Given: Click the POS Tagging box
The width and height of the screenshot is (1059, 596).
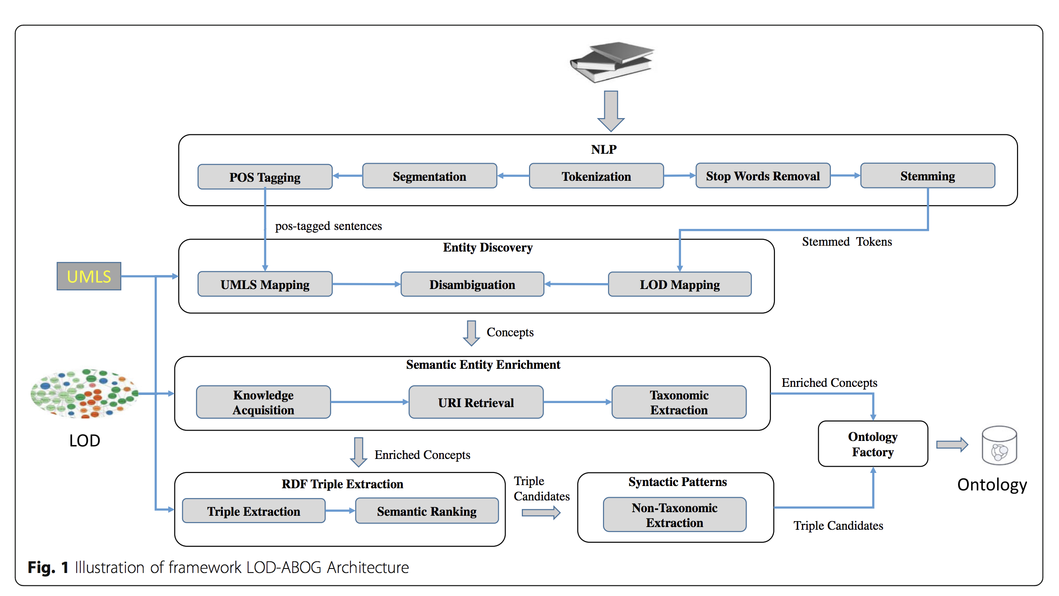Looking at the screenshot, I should click(x=265, y=177).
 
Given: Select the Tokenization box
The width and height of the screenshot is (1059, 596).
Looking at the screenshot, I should click(x=596, y=176).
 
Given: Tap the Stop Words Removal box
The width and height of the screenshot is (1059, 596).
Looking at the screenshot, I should click(x=762, y=175).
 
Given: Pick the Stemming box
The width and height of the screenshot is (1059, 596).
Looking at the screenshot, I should click(x=927, y=175).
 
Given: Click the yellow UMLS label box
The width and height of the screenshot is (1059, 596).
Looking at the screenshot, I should click(x=89, y=276).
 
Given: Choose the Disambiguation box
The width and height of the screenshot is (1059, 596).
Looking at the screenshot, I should click(x=472, y=284).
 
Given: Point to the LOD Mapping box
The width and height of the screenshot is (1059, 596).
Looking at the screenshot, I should click(x=679, y=284).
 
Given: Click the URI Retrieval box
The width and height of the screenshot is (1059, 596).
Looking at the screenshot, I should click(x=475, y=402).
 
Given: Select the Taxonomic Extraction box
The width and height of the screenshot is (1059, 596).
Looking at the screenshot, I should click(x=678, y=402).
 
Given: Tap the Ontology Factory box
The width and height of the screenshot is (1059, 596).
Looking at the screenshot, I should click(x=872, y=444).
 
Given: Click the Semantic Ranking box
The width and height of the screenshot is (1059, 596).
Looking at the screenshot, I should click(x=426, y=511).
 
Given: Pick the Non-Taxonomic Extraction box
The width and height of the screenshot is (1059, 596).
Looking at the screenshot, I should click(x=674, y=514).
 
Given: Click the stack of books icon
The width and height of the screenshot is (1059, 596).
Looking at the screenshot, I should click(x=612, y=62).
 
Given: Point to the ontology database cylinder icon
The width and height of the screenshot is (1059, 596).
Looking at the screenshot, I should click(x=999, y=445).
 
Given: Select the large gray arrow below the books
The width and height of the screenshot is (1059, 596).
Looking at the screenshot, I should click(x=611, y=110).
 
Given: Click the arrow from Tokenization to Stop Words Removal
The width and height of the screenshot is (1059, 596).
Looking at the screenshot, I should click(x=679, y=175).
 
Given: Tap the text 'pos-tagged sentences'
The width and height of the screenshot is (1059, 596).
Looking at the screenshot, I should click(x=328, y=225).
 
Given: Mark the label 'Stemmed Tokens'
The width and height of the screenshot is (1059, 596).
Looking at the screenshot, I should click(x=847, y=242).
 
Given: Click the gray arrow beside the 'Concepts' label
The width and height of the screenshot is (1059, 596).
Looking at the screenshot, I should click(x=471, y=333).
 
